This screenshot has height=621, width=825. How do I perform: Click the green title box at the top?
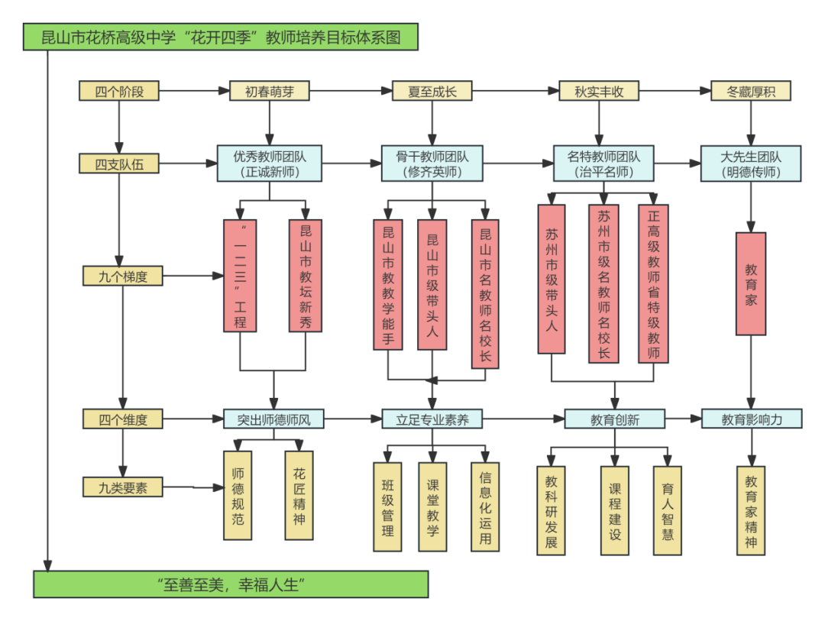pos(221,37)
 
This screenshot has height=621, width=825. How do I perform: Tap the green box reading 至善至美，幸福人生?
pos(231,584)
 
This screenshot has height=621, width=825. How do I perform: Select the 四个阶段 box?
pos(119,92)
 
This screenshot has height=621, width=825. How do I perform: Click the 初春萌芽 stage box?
pos(270,92)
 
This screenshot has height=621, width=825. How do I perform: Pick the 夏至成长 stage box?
pos(432,92)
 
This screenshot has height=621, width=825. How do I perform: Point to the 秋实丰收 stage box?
pos(599,92)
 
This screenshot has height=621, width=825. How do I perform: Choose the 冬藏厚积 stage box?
pos(750,92)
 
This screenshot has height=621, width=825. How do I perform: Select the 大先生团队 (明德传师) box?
pos(751,163)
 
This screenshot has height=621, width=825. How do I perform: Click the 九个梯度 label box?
pos(122,276)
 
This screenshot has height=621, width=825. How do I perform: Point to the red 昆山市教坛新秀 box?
pos(306,276)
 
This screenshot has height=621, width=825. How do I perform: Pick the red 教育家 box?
pos(751,283)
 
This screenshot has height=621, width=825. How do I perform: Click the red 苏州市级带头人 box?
pos(552,279)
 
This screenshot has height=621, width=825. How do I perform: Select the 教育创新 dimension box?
pos(615,419)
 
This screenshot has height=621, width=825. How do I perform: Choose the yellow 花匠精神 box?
pos(299,496)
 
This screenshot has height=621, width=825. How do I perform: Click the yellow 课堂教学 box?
pos(432,507)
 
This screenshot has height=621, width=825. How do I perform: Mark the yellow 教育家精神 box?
pos(751,511)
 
